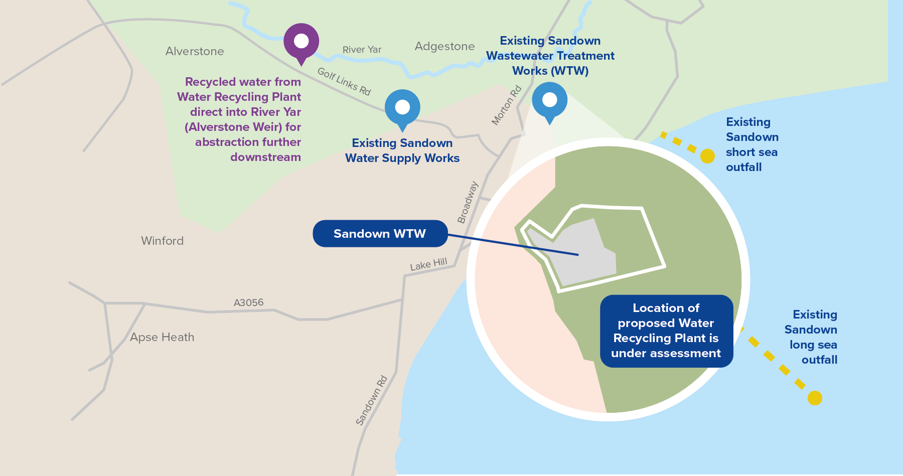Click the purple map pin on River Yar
click(x=301, y=41)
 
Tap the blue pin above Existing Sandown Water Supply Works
click(x=402, y=107)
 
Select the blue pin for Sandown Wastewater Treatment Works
click(x=549, y=100)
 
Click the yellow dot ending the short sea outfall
click(x=707, y=156)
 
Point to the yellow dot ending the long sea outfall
click(x=815, y=398)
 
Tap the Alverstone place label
click(x=195, y=51)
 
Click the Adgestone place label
click(x=444, y=46)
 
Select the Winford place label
click(x=162, y=241)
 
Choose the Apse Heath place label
click(x=162, y=337)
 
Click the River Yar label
click(x=362, y=50)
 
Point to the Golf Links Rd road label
click(x=344, y=81)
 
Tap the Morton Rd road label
click(x=507, y=105)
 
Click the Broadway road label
click(x=468, y=202)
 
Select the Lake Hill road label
click(x=428, y=264)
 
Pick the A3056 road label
click(x=248, y=302)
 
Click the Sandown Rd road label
click(x=372, y=400)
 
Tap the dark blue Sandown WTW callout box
click(x=380, y=234)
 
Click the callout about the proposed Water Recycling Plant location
click(x=666, y=331)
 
